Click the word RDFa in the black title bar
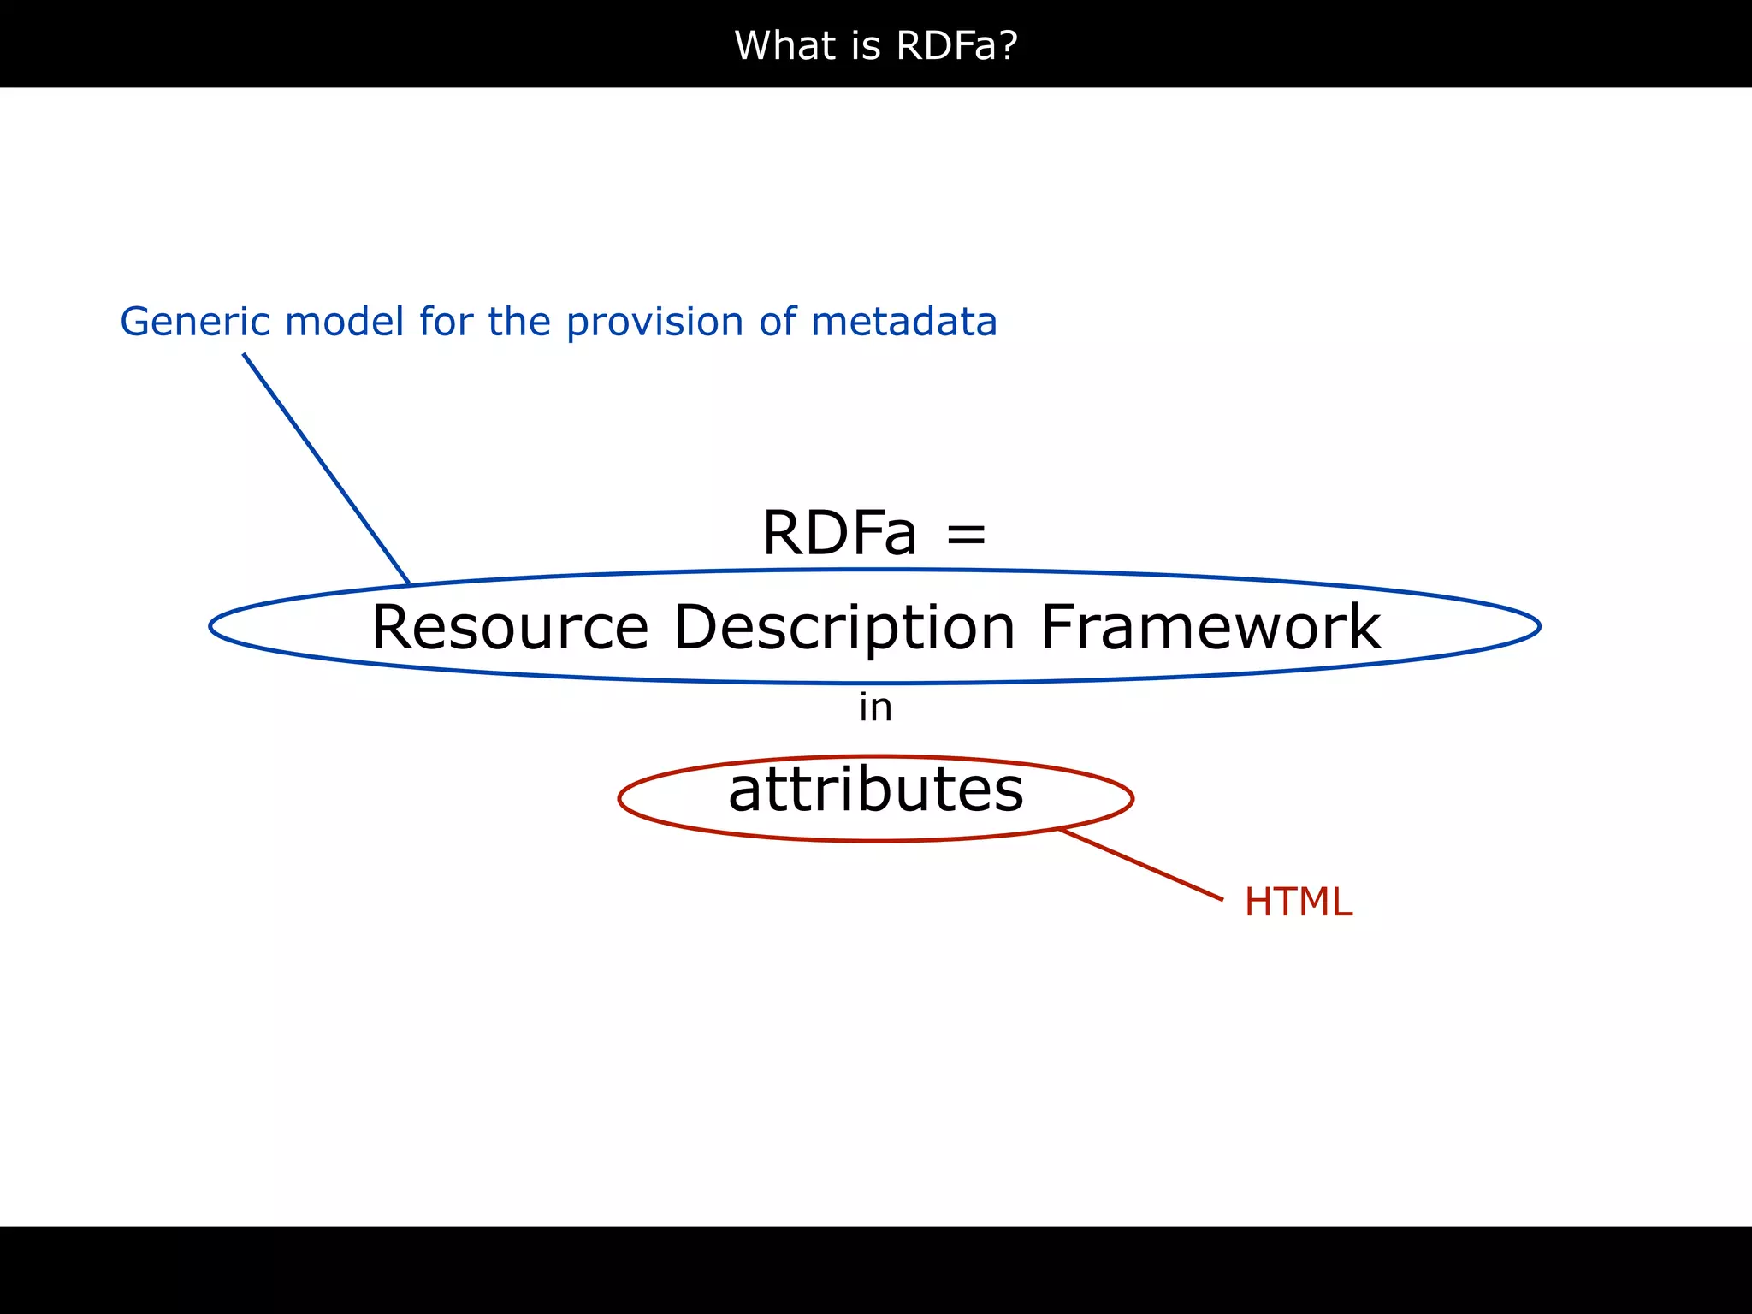point(944,45)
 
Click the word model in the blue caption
point(344,323)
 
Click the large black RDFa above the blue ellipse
point(839,533)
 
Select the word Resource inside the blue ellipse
point(510,627)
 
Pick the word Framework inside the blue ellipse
point(1210,627)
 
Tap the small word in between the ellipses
point(875,707)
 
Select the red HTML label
point(1298,902)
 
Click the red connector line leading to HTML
point(1141,864)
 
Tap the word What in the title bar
point(786,45)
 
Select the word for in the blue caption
point(446,323)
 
